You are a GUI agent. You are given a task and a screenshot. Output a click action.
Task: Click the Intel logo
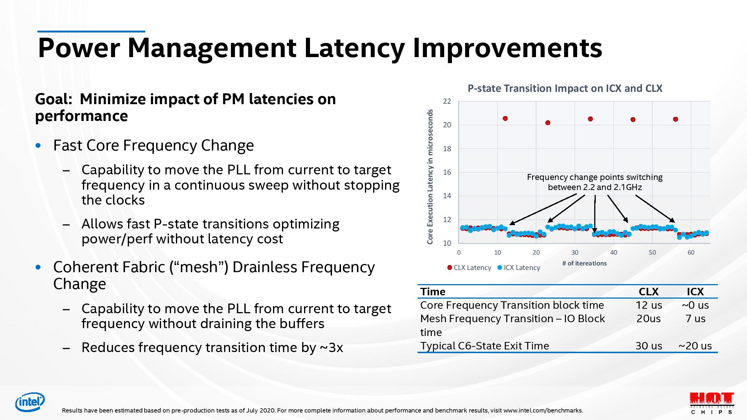tap(30, 402)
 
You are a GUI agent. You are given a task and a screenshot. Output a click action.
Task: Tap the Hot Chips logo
tap(712, 403)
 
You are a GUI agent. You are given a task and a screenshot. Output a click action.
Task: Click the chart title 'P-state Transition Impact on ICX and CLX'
tap(565, 88)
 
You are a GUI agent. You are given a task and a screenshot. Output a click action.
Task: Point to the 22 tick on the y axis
tap(447, 102)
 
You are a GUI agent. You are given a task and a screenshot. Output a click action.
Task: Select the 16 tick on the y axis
tap(447, 172)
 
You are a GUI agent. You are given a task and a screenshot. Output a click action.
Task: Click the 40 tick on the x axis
tap(614, 253)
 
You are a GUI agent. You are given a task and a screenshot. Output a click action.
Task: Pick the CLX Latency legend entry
tap(469, 268)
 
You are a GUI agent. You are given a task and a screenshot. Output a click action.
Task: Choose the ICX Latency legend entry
tap(519, 268)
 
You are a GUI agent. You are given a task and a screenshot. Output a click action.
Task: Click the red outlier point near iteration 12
tap(505, 119)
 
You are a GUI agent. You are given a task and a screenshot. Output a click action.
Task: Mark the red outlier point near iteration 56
tap(675, 119)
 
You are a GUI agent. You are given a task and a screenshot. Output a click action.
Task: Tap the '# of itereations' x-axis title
tap(584, 264)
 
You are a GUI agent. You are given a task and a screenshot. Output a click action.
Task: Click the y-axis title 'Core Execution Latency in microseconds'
tap(430, 177)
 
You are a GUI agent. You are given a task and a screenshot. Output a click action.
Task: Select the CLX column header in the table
tap(648, 292)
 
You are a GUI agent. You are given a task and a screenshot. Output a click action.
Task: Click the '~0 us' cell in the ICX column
tap(695, 305)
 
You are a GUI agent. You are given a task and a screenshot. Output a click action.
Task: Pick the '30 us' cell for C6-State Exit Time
tap(648, 346)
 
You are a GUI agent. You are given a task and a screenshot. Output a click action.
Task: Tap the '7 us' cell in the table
tap(695, 319)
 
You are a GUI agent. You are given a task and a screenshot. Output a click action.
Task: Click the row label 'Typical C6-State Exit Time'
tap(484, 346)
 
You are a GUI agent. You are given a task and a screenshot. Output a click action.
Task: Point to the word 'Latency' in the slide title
tap(354, 48)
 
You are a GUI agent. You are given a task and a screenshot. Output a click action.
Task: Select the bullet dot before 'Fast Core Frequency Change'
tap(38, 146)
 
